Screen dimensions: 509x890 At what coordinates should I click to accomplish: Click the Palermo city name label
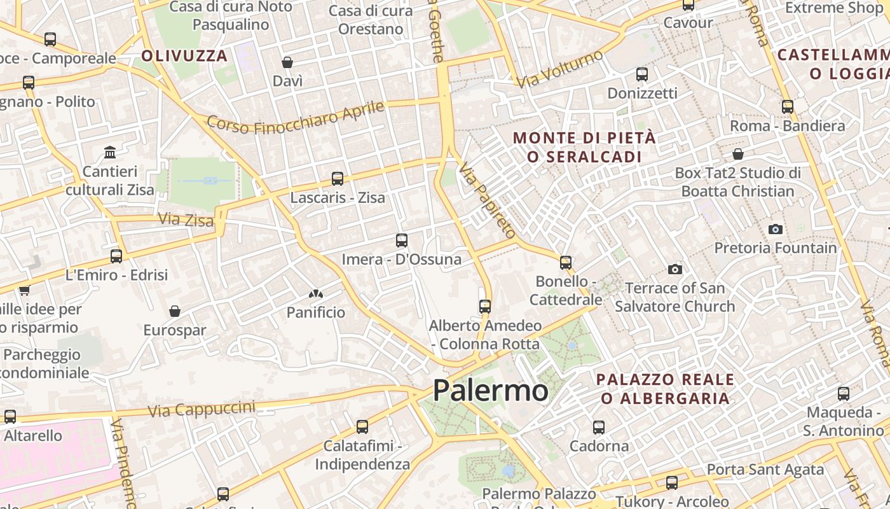coord(490,390)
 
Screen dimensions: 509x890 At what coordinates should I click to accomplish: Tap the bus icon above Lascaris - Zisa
coord(338,179)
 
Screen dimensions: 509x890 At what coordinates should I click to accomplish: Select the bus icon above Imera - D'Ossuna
coord(402,241)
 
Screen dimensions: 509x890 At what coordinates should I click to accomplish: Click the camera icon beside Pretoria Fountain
coord(776,229)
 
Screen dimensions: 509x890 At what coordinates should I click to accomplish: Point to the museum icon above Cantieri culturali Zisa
coord(110,153)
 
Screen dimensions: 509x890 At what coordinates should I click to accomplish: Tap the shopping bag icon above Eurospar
coord(175,311)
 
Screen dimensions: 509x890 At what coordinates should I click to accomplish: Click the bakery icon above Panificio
coord(316,294)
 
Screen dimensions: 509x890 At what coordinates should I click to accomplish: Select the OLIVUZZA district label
coord(184,56)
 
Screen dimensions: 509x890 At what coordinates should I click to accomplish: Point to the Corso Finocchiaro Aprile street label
coord(296,118)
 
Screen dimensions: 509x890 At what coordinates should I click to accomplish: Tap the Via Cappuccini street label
coord(202,408)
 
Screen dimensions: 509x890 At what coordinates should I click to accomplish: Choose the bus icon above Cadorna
coord(599,427)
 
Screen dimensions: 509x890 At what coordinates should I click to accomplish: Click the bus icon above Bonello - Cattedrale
coord(566,262)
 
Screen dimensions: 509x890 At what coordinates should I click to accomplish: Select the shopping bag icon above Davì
coord(287,62)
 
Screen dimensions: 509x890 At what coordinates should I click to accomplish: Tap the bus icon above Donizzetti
coord(642,74)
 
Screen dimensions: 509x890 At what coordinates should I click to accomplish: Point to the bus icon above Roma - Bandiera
coord(788,107)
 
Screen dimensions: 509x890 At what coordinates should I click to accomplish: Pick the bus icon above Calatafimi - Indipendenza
coord(362,426)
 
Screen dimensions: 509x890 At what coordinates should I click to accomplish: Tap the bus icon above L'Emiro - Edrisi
coord(116,256)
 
